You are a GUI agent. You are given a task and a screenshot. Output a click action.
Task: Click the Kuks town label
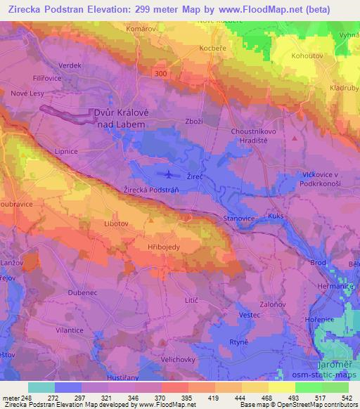(276, 216)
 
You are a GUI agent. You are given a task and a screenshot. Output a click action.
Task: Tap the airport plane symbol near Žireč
(167, 174)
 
